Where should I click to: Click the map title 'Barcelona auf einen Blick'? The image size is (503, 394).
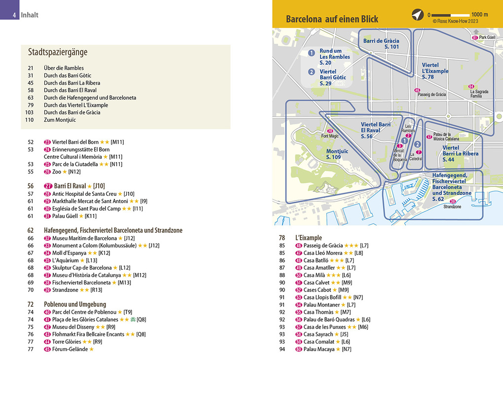332,19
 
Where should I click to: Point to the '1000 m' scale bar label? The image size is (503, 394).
479,15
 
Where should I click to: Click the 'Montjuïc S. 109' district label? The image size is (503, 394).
337,154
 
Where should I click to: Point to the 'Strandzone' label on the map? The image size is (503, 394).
452,207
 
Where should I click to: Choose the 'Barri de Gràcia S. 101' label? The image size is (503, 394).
381,44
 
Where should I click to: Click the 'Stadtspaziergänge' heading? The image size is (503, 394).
57,52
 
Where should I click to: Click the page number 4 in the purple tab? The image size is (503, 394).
15,15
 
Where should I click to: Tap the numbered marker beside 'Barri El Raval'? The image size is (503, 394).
48,186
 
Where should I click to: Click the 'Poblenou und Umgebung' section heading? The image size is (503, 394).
75,304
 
